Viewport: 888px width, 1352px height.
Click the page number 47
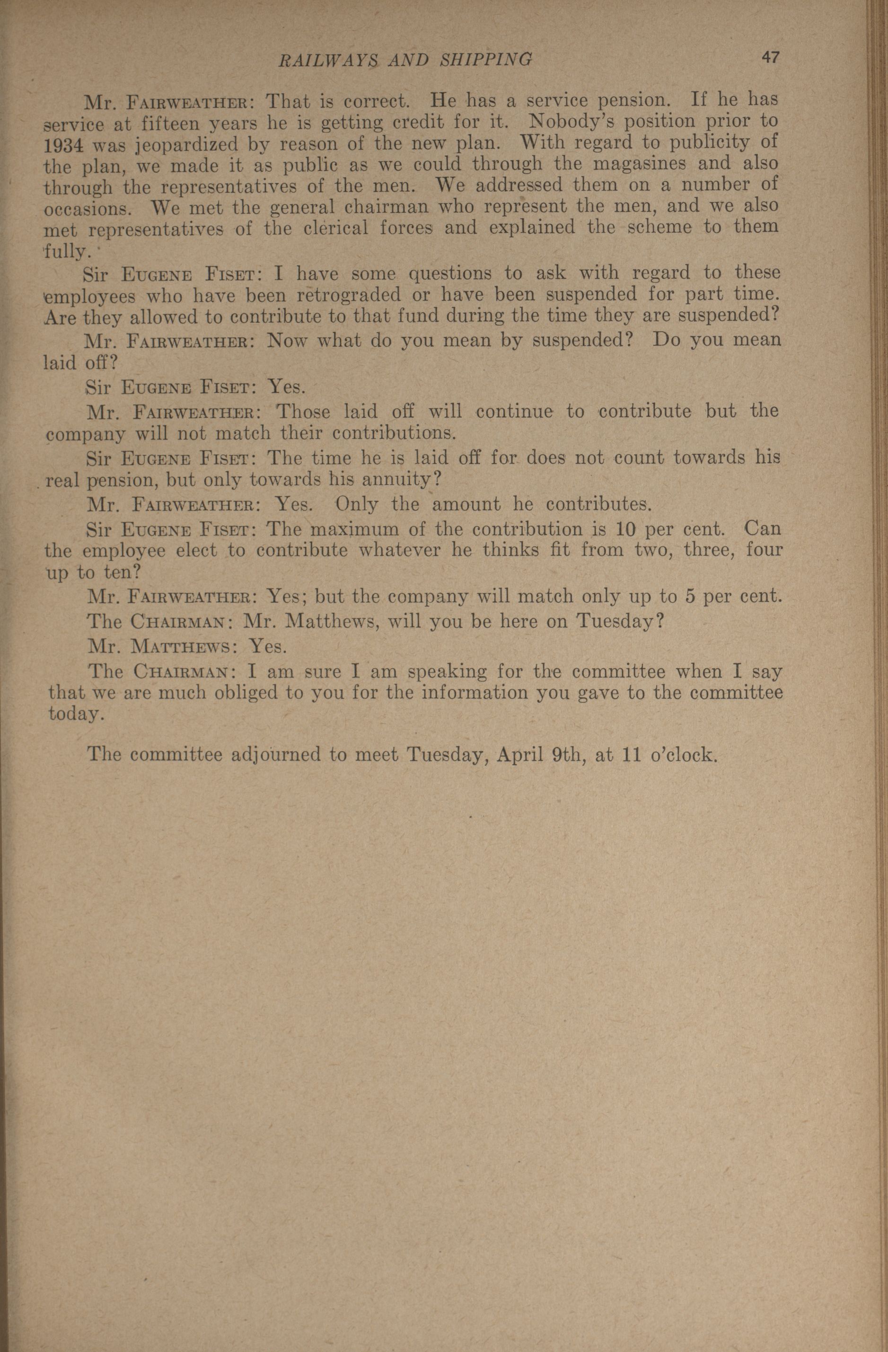pos(770,58)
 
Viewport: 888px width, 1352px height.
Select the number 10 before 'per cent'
pos(630,529)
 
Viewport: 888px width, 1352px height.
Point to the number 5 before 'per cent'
pos(690,596)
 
